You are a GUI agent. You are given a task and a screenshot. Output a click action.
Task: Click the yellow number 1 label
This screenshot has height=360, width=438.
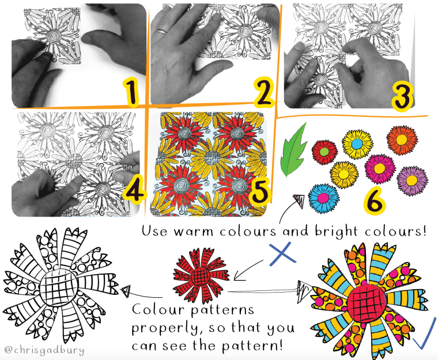131,92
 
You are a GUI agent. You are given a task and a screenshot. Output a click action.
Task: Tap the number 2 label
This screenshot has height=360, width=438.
263,92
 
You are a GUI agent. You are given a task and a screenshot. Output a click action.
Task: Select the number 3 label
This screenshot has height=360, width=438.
402,96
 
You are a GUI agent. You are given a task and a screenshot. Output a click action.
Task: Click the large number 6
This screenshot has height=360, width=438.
375,202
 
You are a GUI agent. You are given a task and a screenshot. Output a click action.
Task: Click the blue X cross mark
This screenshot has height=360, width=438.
283,253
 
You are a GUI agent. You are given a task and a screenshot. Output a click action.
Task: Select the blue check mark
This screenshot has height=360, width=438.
425,333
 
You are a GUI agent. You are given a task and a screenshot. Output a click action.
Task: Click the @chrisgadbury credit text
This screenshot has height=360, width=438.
44,350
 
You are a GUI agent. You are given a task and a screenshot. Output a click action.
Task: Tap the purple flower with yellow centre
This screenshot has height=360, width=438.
412,180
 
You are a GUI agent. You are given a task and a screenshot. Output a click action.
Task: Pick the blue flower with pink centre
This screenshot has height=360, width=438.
324,198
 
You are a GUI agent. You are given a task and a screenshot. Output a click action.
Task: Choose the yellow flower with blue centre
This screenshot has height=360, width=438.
357,144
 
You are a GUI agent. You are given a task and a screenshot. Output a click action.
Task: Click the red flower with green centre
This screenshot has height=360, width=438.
324,152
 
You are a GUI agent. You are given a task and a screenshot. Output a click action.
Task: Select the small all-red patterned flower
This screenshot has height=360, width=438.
201,276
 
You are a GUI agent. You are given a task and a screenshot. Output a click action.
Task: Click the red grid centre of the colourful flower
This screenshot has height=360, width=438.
366,304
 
